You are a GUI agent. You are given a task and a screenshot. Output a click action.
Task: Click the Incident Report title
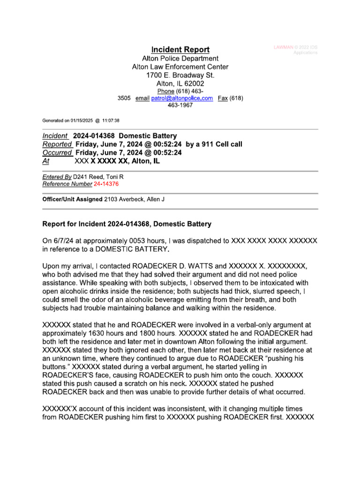click(x=180, y=50)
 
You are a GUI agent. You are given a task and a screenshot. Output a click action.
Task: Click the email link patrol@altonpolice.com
click(x=182, y=98)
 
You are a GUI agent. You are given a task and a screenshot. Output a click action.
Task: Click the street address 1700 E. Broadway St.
click(x=180, y=75)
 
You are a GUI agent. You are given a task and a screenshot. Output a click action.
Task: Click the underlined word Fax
click(x=223, y=98)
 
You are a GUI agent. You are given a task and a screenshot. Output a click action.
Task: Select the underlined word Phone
click(x=165, y=91)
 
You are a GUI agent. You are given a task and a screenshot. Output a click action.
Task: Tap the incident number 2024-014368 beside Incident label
click(x=92, y=136)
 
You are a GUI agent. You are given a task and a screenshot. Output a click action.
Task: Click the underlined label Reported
click(x=57, y=144)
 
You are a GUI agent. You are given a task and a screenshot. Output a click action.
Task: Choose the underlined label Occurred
click(x=57, y=153)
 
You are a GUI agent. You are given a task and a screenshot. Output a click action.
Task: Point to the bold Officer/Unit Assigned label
click(x=72, y=199)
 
